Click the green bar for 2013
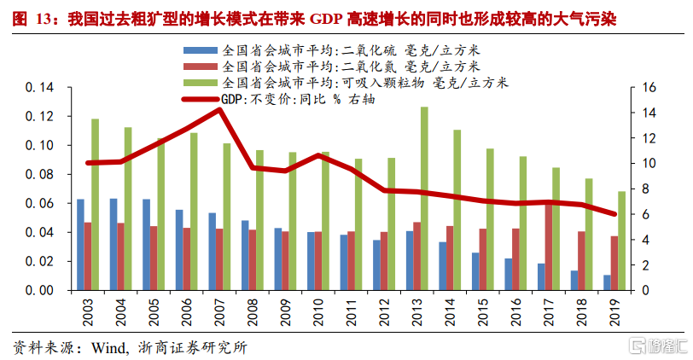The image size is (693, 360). tap(424, 198)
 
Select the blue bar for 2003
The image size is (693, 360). tap(80, 245)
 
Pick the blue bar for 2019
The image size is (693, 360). tap(608, 282)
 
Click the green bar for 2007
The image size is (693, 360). tap(227, 217)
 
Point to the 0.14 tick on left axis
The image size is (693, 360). tap(40, 88)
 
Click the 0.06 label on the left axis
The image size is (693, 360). tap(40, 203)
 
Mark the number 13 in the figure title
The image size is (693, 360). tap(44, 17)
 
